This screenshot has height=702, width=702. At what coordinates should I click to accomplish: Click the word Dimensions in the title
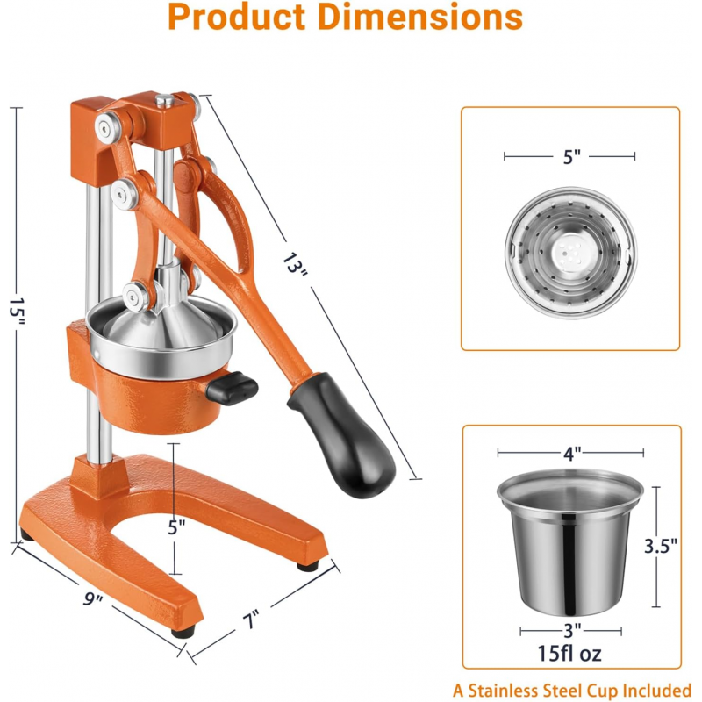pyautogui.click(x=420, y=17)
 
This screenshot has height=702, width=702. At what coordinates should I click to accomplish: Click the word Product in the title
pyautogui.click(x=236, y=17)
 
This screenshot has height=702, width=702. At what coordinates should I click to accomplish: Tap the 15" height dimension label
pyautogui.click(x=17, y=312)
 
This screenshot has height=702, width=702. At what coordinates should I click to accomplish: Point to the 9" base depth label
pyautogui.click(x=93, y=598)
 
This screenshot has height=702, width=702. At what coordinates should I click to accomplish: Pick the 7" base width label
pyautogui.click(x=251, y=620)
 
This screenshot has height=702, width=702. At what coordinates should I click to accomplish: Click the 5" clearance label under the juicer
pyautogui.click(x=176, y=527)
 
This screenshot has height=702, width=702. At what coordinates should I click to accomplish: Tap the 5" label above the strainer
pyautogui.click(x=572, y=157)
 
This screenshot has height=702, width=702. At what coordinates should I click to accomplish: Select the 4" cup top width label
pyautogui.click(x=572, y=454)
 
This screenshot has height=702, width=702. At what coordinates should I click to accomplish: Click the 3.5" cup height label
pyautogui.click(x=661, y=546)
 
